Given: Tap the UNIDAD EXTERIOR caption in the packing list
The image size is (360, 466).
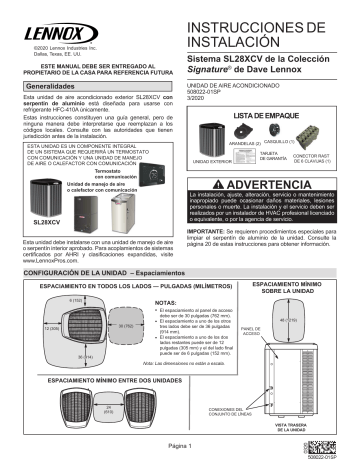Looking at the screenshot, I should [221, 161].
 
